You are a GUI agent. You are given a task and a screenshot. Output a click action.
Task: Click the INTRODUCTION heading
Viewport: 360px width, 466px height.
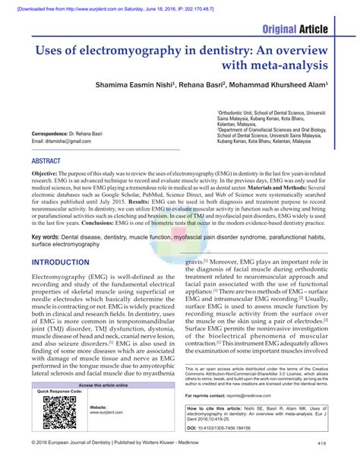[65, 262]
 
